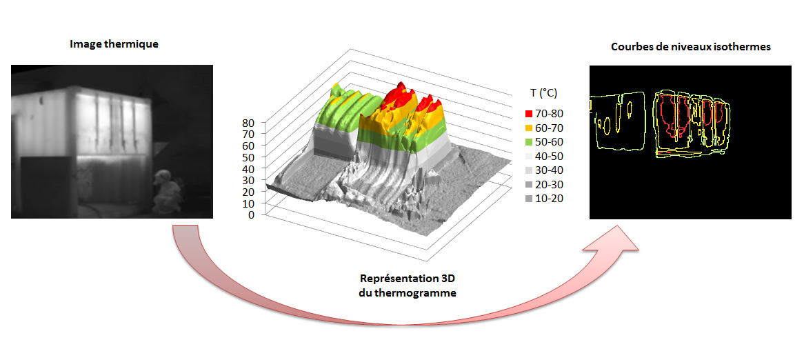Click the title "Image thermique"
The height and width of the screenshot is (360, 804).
[x=114, y=44]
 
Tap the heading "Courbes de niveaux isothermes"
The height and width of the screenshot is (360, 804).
[x=691, y=47]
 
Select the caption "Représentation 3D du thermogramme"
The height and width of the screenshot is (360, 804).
[x=408, y=286]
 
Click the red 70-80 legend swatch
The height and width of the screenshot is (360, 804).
[x=529, y=114]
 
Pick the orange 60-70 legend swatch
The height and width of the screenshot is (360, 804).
[x=529, y=128]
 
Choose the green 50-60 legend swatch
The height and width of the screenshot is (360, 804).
[x=529, y=142]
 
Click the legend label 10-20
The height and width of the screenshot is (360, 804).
[x=549, y=199]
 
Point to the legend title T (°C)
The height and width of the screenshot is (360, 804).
[x=543, y=93]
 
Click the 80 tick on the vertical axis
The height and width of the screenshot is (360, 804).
[x=248, y=123]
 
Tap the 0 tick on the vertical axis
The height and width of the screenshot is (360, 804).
[x=251, y=215]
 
